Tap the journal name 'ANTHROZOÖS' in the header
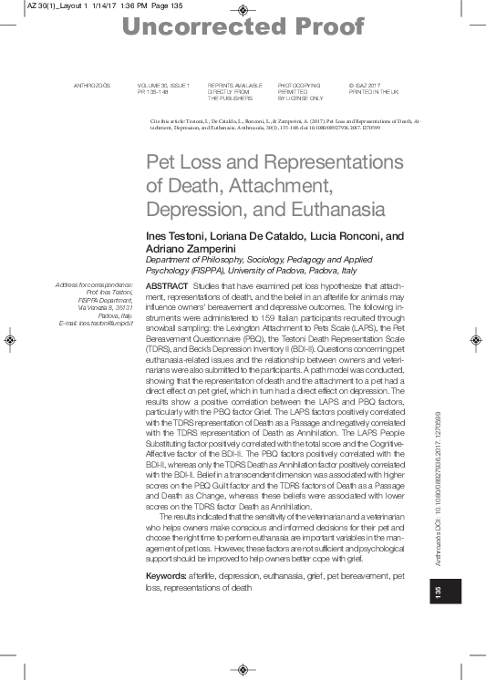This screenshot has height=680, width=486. click(91, 85)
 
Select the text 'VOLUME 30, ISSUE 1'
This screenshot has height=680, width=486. click(163, 85)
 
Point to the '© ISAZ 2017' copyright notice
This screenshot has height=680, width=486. click(369, 85)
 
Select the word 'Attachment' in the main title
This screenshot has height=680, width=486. click(275, 186)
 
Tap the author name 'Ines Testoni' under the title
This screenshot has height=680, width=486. click(178, 235)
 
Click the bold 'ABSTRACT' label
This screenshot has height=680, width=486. click(162, 286)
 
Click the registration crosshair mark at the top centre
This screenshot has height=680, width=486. click(242, 10)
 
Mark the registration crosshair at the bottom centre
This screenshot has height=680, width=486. click(242, 670)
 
